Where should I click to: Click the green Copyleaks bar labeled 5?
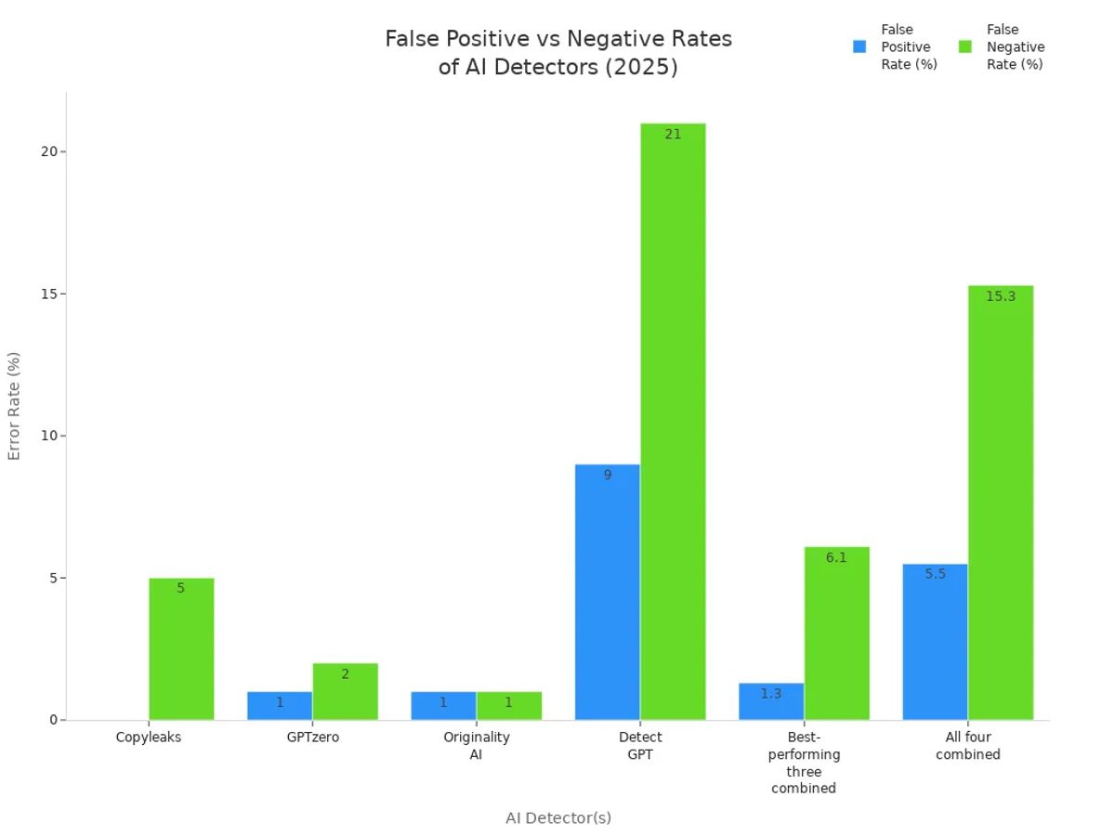tap(181, 650)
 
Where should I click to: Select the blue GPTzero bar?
tap(280, 705)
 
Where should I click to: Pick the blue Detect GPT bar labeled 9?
tap(608, 594)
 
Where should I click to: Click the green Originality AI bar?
tap(508, 705)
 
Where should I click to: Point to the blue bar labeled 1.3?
tap(771, 701)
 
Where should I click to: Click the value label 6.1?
tap(836, 558)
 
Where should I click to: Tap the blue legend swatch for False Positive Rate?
tap(859, 46)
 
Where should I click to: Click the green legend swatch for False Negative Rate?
tap(964, 46)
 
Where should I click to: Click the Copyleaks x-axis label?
tap(149, 738)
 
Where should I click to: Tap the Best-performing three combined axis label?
tap(804, 763)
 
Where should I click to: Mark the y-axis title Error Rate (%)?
tap(14, 405)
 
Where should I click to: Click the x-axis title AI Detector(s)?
tap(558, 817)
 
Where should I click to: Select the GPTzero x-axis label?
tap(313, 738)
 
